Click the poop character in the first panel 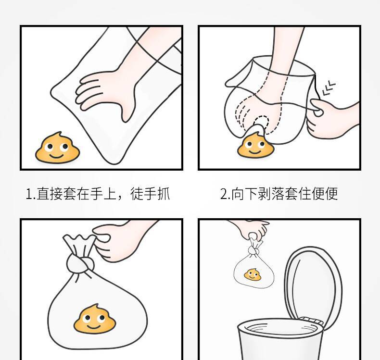[x=57, y=148]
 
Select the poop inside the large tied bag [x=95, y=318]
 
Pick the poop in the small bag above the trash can [x=253, y=274]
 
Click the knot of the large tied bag [x=80, y=264]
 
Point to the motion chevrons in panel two [x=329, y=88]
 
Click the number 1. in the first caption [x=30, y=194]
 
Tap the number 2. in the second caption [x=225, y=194]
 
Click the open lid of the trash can [x=313, y=286]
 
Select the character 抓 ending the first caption [x=164, y=194]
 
